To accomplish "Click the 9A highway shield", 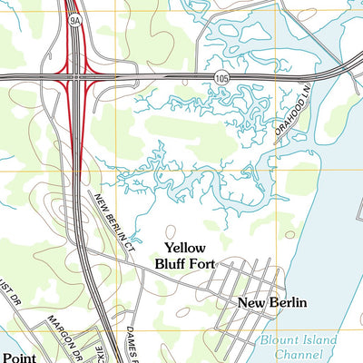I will point(73,17).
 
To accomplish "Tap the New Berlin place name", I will point(272,303).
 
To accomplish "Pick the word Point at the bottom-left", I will point(18,357).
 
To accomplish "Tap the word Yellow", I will point(185,248).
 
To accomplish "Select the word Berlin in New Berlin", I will point(289,303).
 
